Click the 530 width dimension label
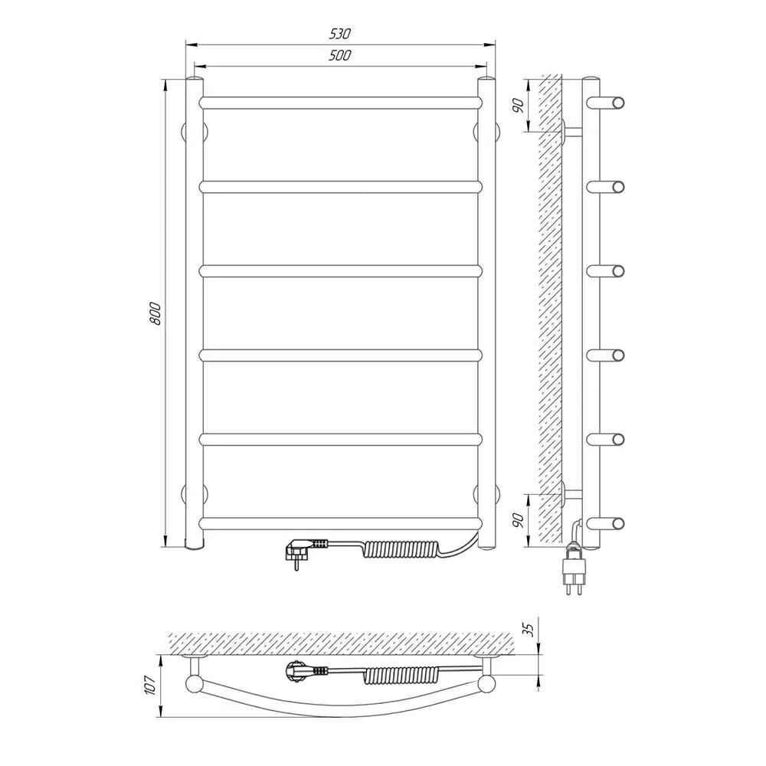point(339,34)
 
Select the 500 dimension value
point(339,55)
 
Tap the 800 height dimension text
point(155,313)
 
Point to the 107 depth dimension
point(150,686)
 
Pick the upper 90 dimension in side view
point(519,106)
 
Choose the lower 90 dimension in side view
point(519,520)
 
